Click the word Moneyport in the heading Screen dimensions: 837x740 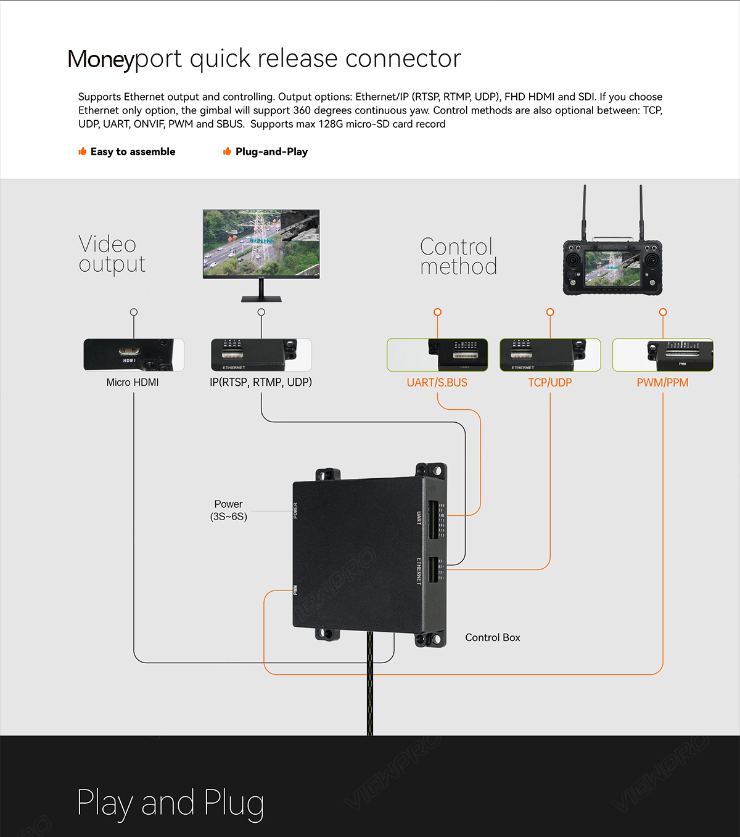point(101,59)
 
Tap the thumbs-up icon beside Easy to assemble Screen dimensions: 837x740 point(82,152)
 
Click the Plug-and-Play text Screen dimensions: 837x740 point(271,152)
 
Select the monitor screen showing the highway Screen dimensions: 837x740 point(261,243)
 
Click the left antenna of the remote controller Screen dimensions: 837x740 point(585,213)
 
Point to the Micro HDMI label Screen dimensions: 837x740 point(133,382)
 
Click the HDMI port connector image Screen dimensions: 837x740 point(129,353)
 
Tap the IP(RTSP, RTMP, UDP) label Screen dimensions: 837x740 point(261,382)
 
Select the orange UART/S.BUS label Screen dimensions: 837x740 point(437,383)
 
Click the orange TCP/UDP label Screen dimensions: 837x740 point(550,383)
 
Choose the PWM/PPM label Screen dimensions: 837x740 point(663,383)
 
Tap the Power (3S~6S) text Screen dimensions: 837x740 point(229,510)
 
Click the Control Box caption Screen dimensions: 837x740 point(493,637)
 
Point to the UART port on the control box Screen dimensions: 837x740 point(433,519)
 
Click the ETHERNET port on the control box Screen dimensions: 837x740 point(433,570)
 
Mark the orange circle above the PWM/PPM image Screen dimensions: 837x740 point(663,312)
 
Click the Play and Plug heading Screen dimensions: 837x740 point(171,803)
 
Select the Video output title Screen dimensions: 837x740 point(112,254)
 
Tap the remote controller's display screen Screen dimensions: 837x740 point(612,268)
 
